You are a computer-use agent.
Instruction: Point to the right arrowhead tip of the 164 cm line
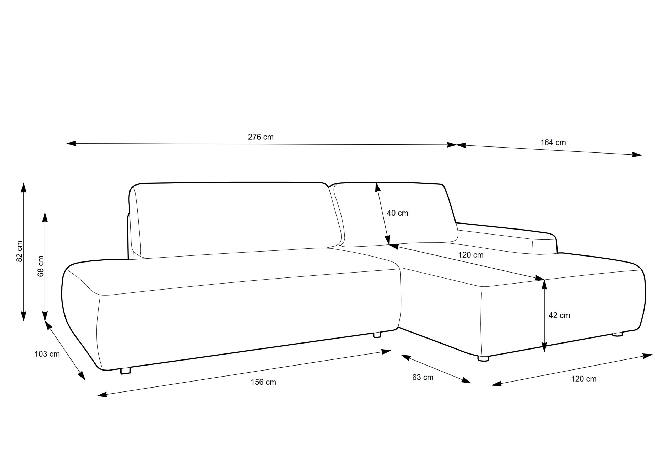[x=642, y=155]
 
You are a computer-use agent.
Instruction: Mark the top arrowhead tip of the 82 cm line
[x=24, y=183]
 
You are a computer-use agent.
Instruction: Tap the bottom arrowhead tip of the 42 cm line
[x=544, y=352]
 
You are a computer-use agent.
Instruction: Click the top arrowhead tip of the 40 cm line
[x=376, y=182]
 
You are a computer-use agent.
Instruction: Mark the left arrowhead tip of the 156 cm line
[x=97, y=396]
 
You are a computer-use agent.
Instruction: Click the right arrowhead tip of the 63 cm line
[x=471, y=383]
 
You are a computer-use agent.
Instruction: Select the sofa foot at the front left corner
[x=125, y=371]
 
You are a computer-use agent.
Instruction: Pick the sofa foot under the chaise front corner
[x=483, y=358]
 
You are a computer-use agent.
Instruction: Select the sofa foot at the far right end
[x=618, y=334]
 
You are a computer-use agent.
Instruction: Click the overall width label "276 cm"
[x=261, y=137]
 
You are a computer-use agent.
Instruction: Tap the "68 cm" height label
[x=41, y=266]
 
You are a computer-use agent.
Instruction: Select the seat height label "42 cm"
[x=559, y=315]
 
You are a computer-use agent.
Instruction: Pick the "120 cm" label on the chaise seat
[x=470, y=255]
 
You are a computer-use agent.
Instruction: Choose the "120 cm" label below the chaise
[x=584, y=379]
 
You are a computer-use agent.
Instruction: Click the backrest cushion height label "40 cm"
[x=397, y=213]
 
